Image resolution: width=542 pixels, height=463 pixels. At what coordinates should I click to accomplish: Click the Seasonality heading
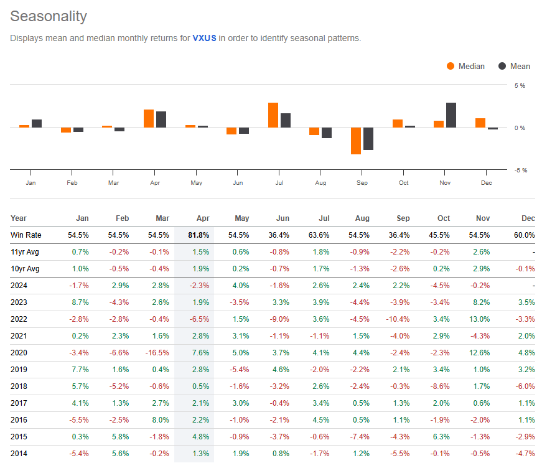(x=49, y=16)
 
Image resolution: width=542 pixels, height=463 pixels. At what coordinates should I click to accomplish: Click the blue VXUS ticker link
(x=203, y=39)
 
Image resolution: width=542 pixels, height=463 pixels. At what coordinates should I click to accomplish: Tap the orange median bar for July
(x=273, y=115)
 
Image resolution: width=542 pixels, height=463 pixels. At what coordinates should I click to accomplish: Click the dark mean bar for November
(x=451, y=115)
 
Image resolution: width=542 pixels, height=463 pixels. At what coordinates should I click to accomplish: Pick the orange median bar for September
(x=356, y=141)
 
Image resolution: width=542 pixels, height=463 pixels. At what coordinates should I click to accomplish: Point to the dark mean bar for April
(x=161, y=119)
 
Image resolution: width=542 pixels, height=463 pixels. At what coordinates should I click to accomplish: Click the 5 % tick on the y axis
(x=519, y=85)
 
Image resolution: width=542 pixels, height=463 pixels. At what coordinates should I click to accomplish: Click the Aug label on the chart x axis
(x=321, y=182)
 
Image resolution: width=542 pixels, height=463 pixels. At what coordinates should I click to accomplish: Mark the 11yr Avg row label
(x=24, y=251)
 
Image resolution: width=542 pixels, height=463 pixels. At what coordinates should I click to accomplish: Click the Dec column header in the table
(x=528, y=218)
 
